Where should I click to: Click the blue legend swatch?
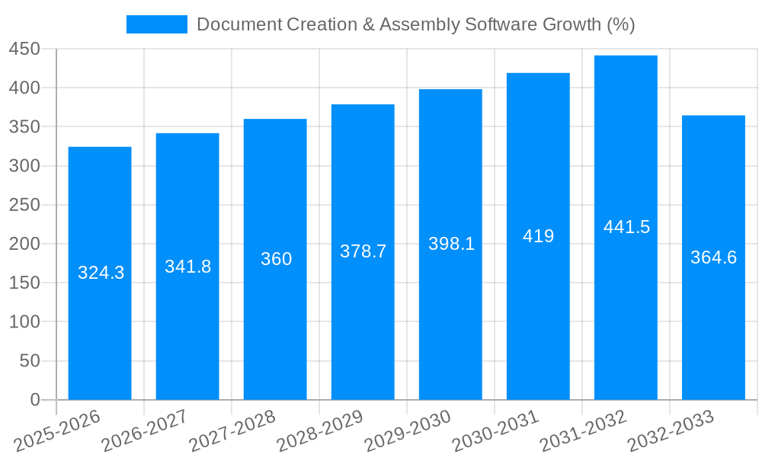pos(156,24)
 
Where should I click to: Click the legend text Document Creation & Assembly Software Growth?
pos(415,24)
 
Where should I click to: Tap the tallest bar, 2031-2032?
pos(626,305)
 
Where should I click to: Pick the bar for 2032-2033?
pos(713,328)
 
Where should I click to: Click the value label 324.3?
pos(101,273)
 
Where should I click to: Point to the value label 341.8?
pos(187,267)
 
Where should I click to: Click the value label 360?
pos(276,259)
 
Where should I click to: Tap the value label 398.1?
pos(451,244)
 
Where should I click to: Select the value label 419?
pos(538,236)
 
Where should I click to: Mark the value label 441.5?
pos(626,227)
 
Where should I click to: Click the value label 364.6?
pos(713,257)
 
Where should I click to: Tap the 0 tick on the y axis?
pos(34,400)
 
